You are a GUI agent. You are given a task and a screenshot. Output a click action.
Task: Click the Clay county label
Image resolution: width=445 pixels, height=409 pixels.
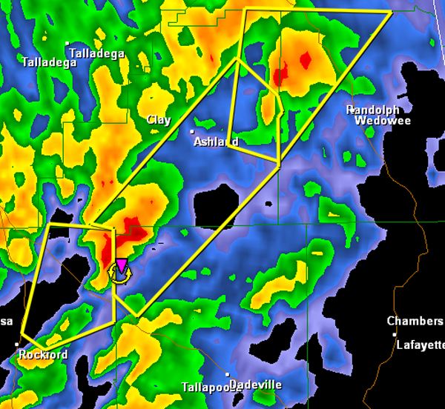(159, 119)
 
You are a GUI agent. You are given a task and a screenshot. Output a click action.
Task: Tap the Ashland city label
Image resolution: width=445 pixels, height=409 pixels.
(217, 142)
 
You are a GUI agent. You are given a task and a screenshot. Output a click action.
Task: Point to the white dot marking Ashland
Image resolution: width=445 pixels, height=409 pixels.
(193, 132)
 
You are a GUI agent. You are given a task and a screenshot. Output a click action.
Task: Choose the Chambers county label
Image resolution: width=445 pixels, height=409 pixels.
(415, 321)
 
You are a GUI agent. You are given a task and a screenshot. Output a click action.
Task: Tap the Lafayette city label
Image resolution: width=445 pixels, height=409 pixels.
(420, 345)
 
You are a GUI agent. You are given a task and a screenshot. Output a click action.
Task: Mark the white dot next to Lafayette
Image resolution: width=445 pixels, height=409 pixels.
(395, 335)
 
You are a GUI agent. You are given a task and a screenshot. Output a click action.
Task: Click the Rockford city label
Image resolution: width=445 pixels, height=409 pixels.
(44, 355)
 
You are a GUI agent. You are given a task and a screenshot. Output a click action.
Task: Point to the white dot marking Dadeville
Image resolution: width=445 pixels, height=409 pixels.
(228, 375)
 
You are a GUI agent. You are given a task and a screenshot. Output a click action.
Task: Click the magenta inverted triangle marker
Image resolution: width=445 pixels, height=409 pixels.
(121, 265)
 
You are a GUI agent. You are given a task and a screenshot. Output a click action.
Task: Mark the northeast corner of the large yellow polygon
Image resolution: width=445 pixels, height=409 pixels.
(391, 13)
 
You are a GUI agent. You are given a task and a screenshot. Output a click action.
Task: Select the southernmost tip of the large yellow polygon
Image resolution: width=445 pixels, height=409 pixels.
(137, 317)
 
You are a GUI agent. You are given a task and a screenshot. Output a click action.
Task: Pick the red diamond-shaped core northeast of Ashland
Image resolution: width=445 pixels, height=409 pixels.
(303, 61)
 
